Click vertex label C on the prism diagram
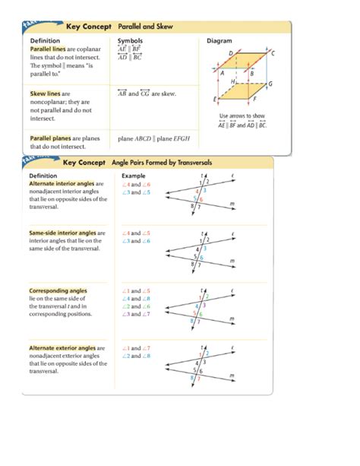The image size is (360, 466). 273,53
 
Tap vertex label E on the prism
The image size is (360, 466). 215,100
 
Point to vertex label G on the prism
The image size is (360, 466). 270,84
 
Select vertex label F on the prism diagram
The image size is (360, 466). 254,99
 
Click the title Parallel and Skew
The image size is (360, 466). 145,27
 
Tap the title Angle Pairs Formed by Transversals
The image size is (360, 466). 162,163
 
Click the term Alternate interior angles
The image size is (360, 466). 62,183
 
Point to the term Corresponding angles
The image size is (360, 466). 58,290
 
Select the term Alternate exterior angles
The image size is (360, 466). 62,347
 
